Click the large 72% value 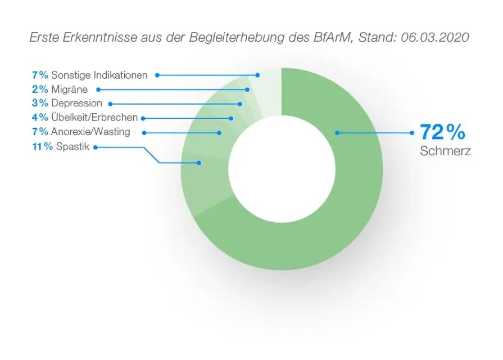click(442, 132)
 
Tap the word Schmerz click(445, 151)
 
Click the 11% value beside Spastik click(42, 147)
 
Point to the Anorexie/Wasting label click(90, 132)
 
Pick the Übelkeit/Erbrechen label click(94, 118)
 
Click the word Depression click(76, 103)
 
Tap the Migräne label click(69, 89)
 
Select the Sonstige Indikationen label click(99, 75)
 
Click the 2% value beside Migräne click(40, 89)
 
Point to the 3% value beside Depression click(40, 103)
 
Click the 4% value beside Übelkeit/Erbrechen click(40, 118)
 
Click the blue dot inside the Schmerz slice click(337, 133)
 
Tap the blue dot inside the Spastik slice click(200, 163)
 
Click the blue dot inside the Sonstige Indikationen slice click(257, 75)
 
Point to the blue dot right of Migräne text click(99, 89)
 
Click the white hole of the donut click(282, 169)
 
